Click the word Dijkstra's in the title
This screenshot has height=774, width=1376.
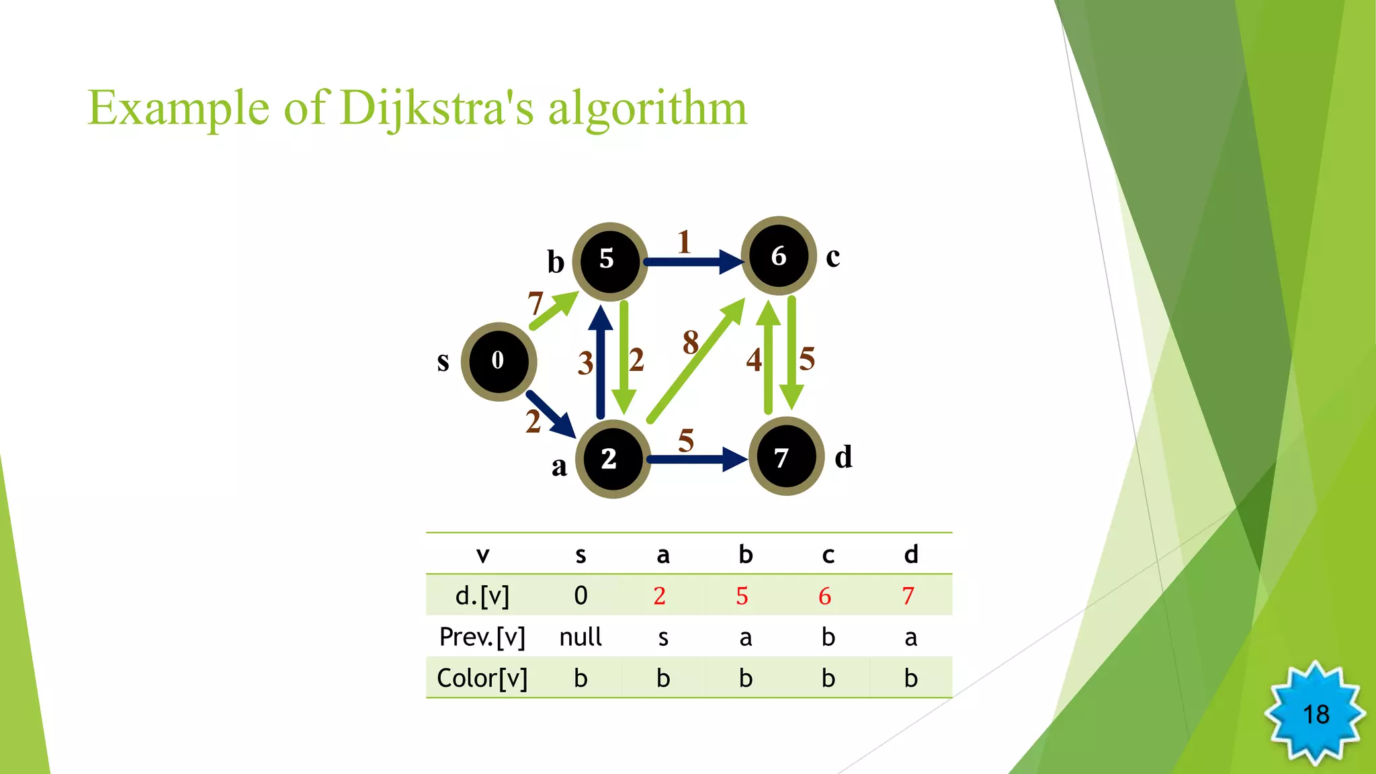coord(437,107)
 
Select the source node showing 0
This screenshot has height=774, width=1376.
coord(499,361)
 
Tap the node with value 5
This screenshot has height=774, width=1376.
coord(609,261)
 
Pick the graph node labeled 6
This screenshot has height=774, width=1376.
coord(779,256)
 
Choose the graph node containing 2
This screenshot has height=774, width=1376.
coord(612,459)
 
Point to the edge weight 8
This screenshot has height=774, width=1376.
coord(691,343)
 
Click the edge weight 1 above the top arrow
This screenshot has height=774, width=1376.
coord(684,243)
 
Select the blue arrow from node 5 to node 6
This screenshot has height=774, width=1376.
coord(692,261)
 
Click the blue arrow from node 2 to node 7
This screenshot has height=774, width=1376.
coord(695,460)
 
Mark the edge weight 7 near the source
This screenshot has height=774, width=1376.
coord(535,304)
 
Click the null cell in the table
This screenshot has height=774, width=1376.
coord(580,637)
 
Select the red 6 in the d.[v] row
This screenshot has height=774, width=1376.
coord(825,596)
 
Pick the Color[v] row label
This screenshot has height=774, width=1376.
coord(482,678)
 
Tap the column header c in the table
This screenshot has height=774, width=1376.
coord(828,555)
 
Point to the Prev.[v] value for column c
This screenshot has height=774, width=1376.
coord(828,637)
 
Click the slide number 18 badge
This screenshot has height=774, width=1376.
coord(1315,714)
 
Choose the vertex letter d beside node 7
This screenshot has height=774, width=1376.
coord(843,458)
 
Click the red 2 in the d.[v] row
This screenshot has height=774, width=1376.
coord(660,596)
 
